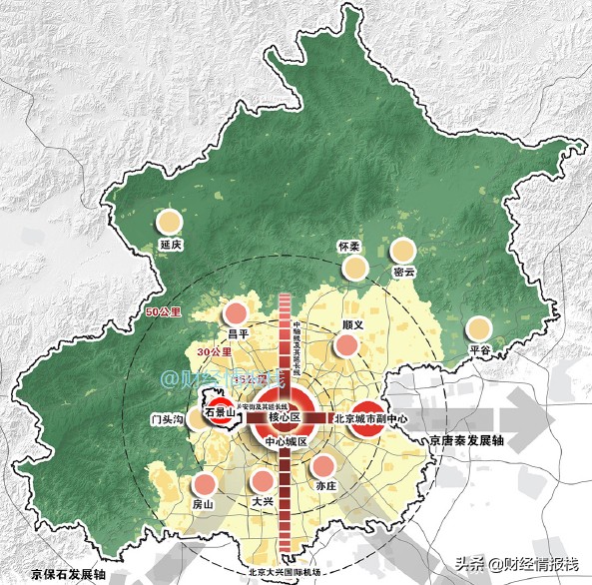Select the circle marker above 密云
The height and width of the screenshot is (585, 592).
click(403, 251)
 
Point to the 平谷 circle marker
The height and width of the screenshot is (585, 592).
click(480, 328)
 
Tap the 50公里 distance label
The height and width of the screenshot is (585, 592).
click(163, 312)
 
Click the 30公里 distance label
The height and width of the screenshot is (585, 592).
click(215, 352)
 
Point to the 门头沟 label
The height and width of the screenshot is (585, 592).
click(164, 420)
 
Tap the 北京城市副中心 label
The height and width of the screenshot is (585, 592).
click(371, 419)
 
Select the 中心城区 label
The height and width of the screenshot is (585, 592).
click(285, 440)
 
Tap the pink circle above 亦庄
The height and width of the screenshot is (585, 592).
click(324, 464)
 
